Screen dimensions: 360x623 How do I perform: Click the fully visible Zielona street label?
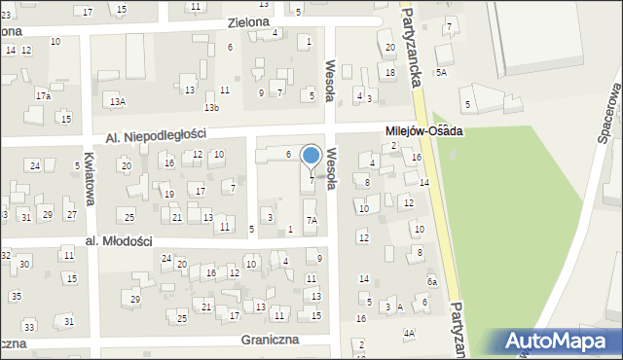(x=247, y=20)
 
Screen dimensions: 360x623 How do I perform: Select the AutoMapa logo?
(x=558, y=342)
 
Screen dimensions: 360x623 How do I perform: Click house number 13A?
(x=118, y=100)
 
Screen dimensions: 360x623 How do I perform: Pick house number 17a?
(x=43, y=96)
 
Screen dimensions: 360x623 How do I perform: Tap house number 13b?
(x=211, y=106)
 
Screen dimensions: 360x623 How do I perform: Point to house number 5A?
(x=442, y=72)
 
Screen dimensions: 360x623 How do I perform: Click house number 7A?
(x=311, y=221)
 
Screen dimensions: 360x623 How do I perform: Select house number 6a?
(x=432, y=281)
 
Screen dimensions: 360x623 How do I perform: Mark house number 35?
(x=17, y=295)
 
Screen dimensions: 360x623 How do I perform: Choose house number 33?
(x=29, y=327)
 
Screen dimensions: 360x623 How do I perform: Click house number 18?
(x=390, y=72)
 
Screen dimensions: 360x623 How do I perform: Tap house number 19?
(x=168, y=195)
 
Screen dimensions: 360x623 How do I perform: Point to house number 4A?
(x=410, y=333)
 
